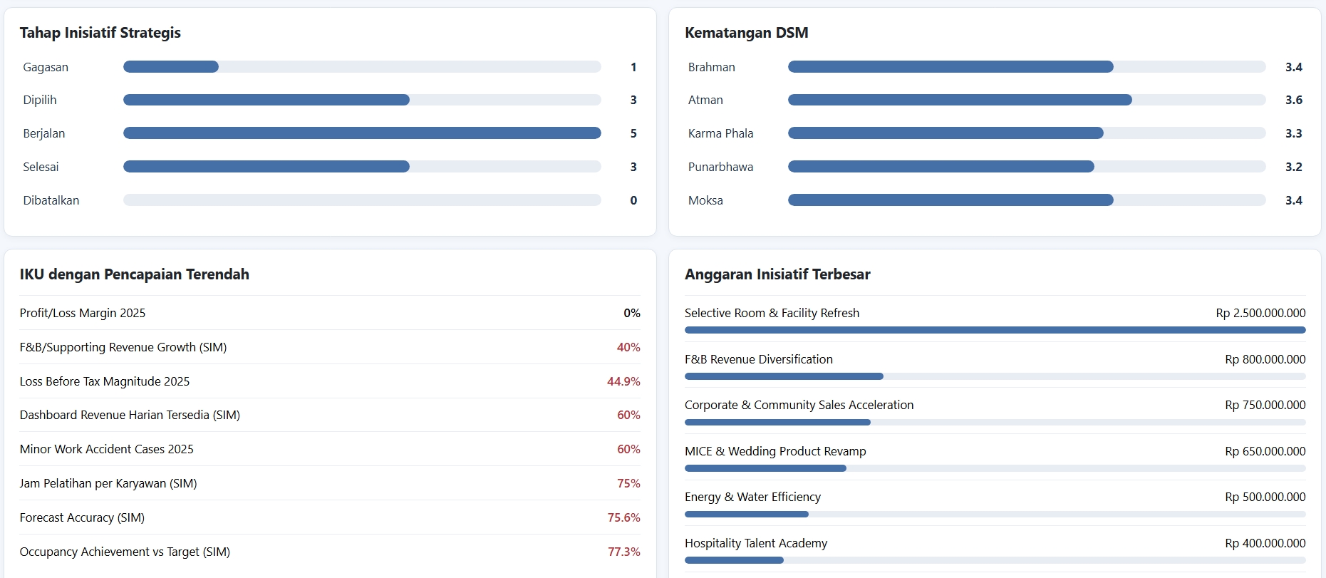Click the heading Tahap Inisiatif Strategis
(100, 33)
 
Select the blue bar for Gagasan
(171, 67)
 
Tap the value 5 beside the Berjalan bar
(633, 133)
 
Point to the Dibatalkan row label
(51, 200)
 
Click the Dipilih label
(40, 100)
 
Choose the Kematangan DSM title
(747, 33)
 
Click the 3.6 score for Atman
(1294, 100)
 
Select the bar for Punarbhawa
(941, 167)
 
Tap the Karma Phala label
(721, 133)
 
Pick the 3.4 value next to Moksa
(1294, 200)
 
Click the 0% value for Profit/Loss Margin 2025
(632, 313)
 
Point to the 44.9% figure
(623, 381)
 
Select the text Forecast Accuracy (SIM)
(82, 517)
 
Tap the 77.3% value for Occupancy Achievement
(624, 552)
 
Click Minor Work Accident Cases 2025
(107, 449)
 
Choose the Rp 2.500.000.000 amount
(1261, 313)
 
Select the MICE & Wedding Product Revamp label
(775, 451)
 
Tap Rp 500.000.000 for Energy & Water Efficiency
(1265, 497)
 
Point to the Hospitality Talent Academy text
(756, 543)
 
